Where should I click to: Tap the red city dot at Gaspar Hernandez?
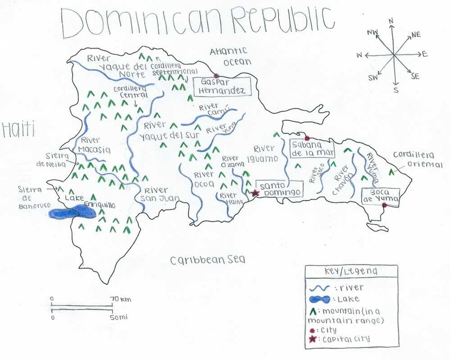tap(216, 76)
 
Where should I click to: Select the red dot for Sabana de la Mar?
tap(307, 138)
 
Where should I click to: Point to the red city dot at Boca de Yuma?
tap(384, 206)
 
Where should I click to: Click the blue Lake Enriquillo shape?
tap(73, 212)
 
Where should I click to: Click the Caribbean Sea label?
tap(208, 260)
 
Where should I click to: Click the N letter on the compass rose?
tap(391, 21)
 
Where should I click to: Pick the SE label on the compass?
tap(415, 76)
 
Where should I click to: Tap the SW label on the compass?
tap(373, 78)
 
